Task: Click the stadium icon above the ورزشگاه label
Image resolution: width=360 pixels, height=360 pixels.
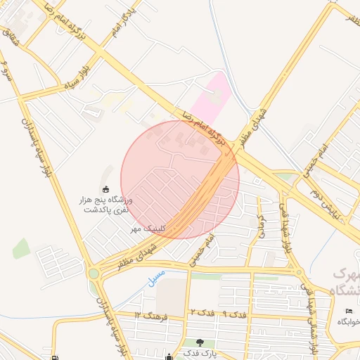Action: pyautogui.click(x=105, y=188)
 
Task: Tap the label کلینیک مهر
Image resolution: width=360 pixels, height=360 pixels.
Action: pyautogui.click(x=148, y=229)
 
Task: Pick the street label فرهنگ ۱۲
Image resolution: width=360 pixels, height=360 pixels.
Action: pyautogui.click(x=152, y=313)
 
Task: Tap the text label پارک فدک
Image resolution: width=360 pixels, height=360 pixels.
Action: pyautogui.click(x=200, y=352)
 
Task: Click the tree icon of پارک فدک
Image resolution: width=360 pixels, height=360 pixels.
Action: pyautogui.click(x=200, y=342)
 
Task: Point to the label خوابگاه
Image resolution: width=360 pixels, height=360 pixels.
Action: pyautogui.click(x=348, y=321)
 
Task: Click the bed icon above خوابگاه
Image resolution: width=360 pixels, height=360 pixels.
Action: pyautogui.click(x=348, y=311)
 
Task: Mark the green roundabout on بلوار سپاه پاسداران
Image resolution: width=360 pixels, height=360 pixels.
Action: pyautogui.click(x=93, y=273)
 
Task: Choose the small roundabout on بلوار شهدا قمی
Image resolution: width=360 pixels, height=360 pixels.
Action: pyautogui.click(x=300, y=271)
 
